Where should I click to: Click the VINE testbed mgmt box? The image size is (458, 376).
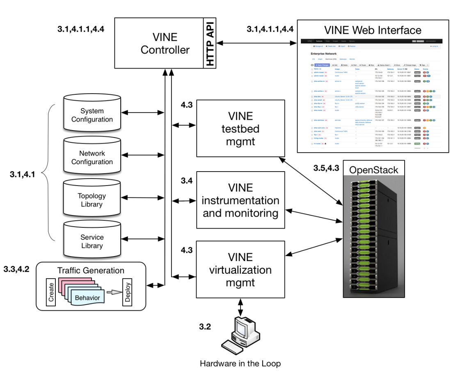click(240, 128)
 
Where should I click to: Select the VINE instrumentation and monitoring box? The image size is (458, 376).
click(240, 200)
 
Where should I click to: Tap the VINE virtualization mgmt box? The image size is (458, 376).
click(240, 269)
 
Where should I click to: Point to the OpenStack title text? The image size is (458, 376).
click(373, 170)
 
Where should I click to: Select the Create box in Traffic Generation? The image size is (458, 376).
click(51, 291)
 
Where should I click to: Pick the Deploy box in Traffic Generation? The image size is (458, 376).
click(128, 291)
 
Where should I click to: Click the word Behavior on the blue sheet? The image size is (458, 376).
click(87, 297)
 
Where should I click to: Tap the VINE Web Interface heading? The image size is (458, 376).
click(372, 30)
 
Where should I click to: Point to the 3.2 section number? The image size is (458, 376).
click(205, 327)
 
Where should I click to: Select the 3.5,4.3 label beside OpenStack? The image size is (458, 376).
click(326, 168)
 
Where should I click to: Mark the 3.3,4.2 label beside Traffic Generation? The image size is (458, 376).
click(16, 269)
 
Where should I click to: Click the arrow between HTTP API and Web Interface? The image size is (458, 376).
click(256, 42)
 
